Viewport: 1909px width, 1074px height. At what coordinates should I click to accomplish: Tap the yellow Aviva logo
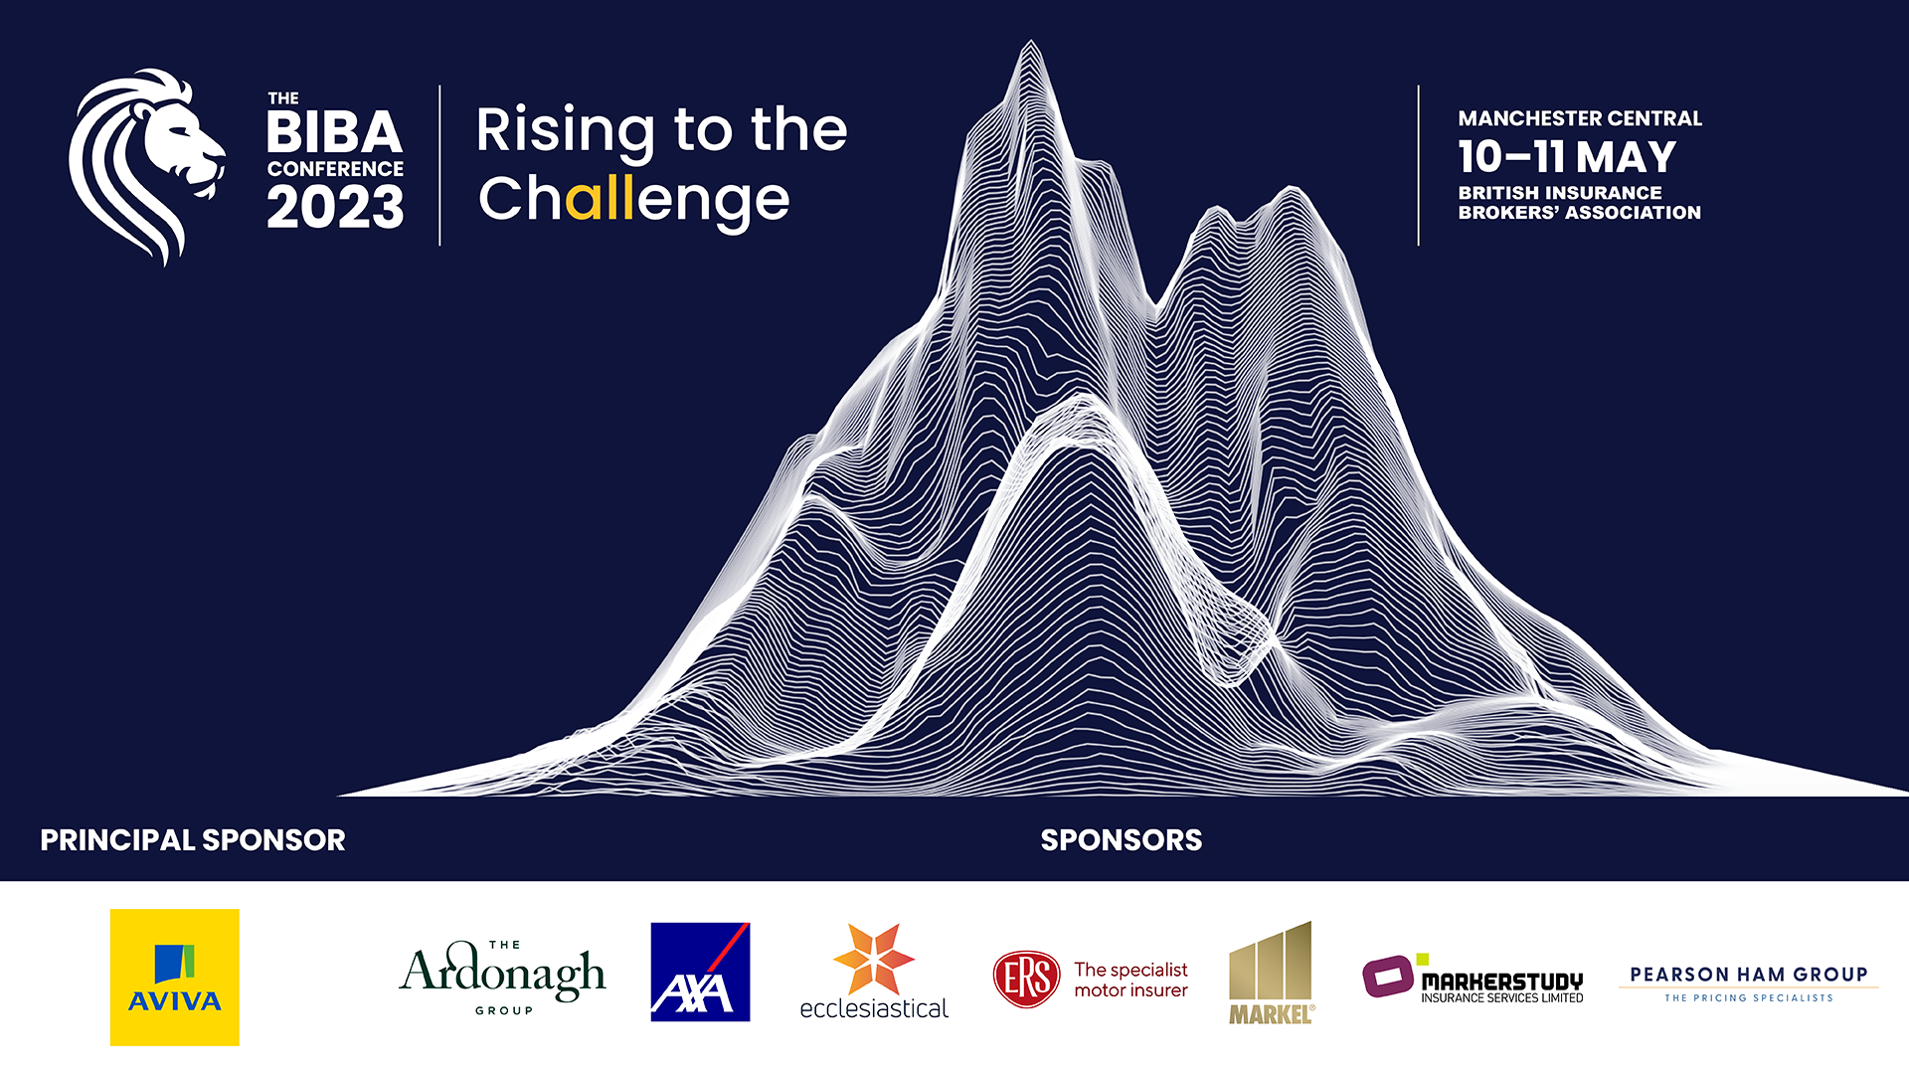(175, 977)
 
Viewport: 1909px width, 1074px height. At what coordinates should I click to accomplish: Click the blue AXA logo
(700, 972)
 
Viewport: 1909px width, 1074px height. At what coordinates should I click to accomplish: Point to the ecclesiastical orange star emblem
(874, 959)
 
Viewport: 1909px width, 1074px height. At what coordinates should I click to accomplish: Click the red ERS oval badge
(1027, 979)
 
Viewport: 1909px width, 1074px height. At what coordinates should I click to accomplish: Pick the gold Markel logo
(1272, 973)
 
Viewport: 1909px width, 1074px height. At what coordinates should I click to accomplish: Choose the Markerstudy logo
(1473, 979)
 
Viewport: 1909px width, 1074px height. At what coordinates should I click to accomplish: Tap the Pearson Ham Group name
(1749, 975)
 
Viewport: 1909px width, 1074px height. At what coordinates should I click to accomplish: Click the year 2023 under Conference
(335, 208)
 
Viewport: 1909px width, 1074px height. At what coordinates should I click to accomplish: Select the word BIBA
(334, 132)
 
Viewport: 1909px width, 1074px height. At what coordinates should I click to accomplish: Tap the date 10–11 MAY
(1567, 157)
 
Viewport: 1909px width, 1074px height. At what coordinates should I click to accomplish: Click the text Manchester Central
(1580, 118)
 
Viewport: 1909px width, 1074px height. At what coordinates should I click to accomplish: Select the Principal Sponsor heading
(193, 840)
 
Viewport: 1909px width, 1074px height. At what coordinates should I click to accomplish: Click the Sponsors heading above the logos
(1122, 840)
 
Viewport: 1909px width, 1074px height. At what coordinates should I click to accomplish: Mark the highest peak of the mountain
(1031, 42)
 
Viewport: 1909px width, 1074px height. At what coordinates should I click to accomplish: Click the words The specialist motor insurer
(1130, 980)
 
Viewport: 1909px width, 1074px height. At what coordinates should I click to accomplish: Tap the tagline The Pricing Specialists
(1749, 997)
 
